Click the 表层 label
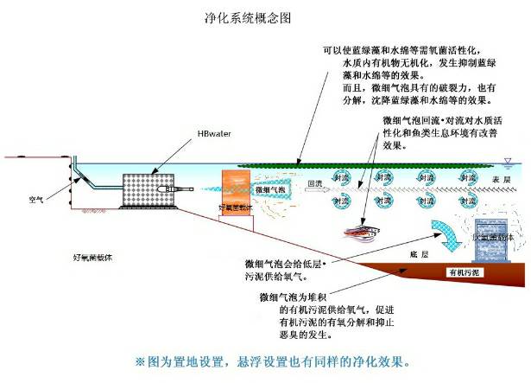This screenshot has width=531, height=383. pos(502,179)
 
